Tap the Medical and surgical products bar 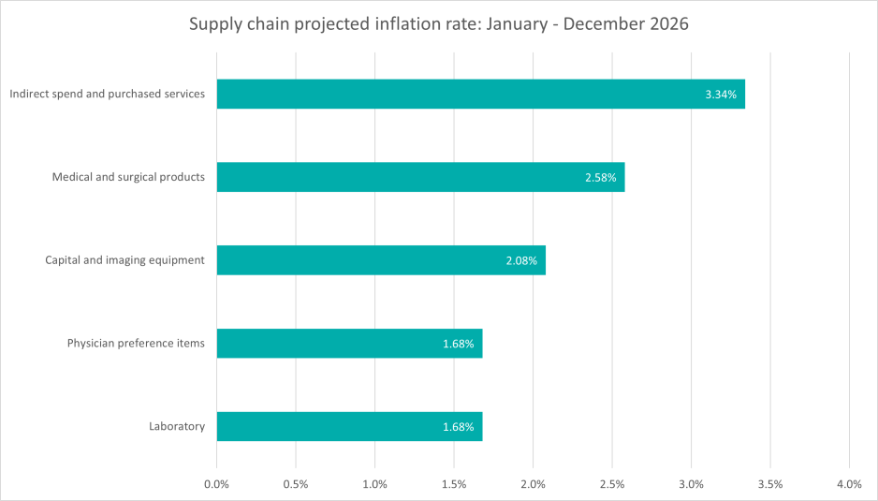[x=420, y=177]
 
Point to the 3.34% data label [x=721, y=94]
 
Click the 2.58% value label [x=600, y=177]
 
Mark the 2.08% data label [x=521, y=260]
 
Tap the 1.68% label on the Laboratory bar [x=459, y=427]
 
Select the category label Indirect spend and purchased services [x=107, y=94]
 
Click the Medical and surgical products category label [x=128, y=177]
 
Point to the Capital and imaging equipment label [x=124, y=260]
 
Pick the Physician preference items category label [x=136, y=344]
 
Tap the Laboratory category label [x=177, y=427]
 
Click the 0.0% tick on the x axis [x=216, y=485]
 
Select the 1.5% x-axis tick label [x=454, y=485]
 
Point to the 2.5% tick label [x=612, y=485]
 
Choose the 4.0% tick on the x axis [x=849, y=485]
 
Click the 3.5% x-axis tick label [x=770, y=485]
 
